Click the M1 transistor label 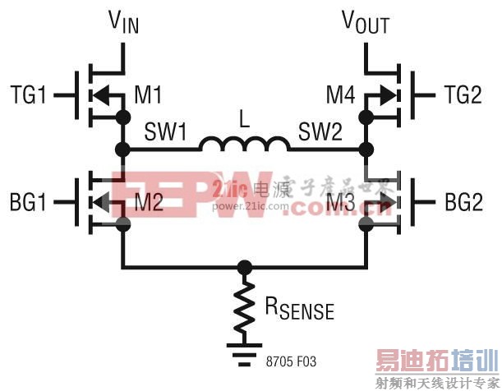(148, 96)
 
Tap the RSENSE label (298, 310)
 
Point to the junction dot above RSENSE (244, 267)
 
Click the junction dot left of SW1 (123, 149)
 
